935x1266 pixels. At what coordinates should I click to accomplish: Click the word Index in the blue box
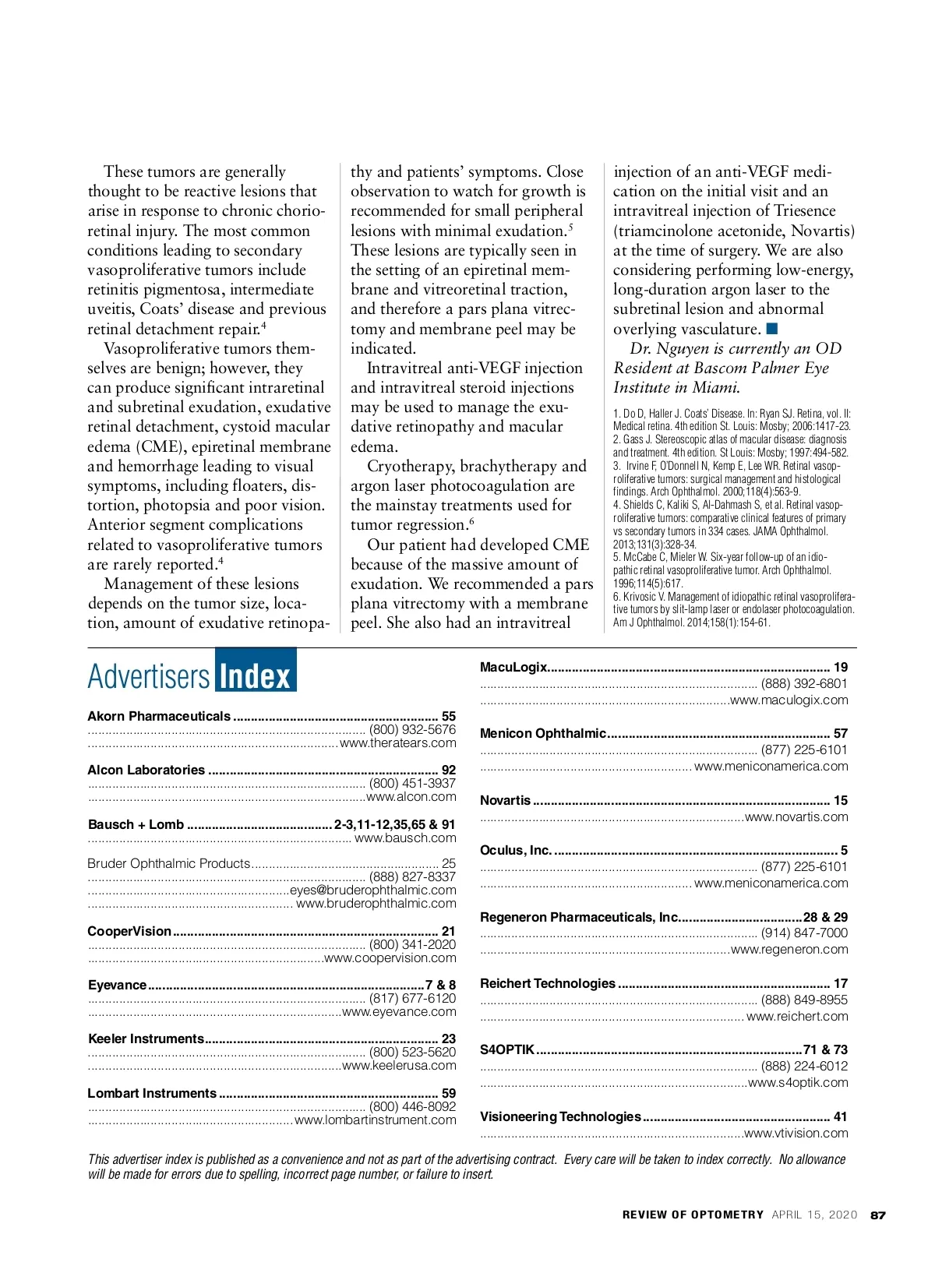[255, 675]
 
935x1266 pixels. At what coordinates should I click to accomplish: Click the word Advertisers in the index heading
[149, 676]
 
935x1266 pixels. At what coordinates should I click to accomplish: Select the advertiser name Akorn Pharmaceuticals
[159, 716]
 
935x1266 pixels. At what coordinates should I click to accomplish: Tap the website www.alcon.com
[411, 796]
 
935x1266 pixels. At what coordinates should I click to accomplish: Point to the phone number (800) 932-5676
[412, 729]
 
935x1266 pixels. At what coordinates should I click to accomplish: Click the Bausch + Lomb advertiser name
[136, 824]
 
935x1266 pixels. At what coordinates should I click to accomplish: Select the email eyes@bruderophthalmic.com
[372, 890]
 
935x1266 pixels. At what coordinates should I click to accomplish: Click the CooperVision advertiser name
[129, 931]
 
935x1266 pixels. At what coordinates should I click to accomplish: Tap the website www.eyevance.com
[399, 1011]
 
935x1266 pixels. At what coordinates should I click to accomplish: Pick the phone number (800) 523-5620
[412, 1052]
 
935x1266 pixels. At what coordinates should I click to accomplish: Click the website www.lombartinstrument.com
[376, 1120]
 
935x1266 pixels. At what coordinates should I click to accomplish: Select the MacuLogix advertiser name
[513, 667]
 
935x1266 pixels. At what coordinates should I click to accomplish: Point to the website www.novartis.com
[796, 816]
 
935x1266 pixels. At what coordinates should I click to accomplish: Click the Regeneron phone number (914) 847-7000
[804, 933]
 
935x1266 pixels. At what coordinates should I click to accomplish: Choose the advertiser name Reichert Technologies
[548, 983]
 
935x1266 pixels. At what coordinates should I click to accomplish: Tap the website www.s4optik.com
[798, 1082]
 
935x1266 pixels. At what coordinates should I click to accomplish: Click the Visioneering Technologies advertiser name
[560, 1116]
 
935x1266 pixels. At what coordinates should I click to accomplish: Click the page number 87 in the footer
[878, 1215]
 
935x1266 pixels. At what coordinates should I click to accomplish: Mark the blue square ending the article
[772, 328]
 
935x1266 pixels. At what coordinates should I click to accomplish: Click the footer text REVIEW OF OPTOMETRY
[693, 1215]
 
